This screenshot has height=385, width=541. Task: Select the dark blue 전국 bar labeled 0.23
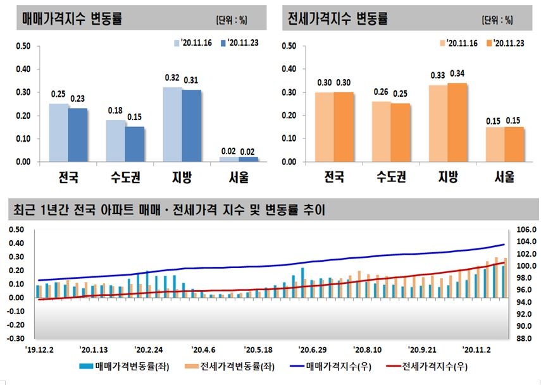(x=77, y=135)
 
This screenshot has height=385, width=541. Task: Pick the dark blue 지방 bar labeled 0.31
(x=190, y=126)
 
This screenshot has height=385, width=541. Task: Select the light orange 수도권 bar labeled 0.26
(x=382, y=131)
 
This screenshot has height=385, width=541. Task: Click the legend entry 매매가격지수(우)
(x=338, y=365)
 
